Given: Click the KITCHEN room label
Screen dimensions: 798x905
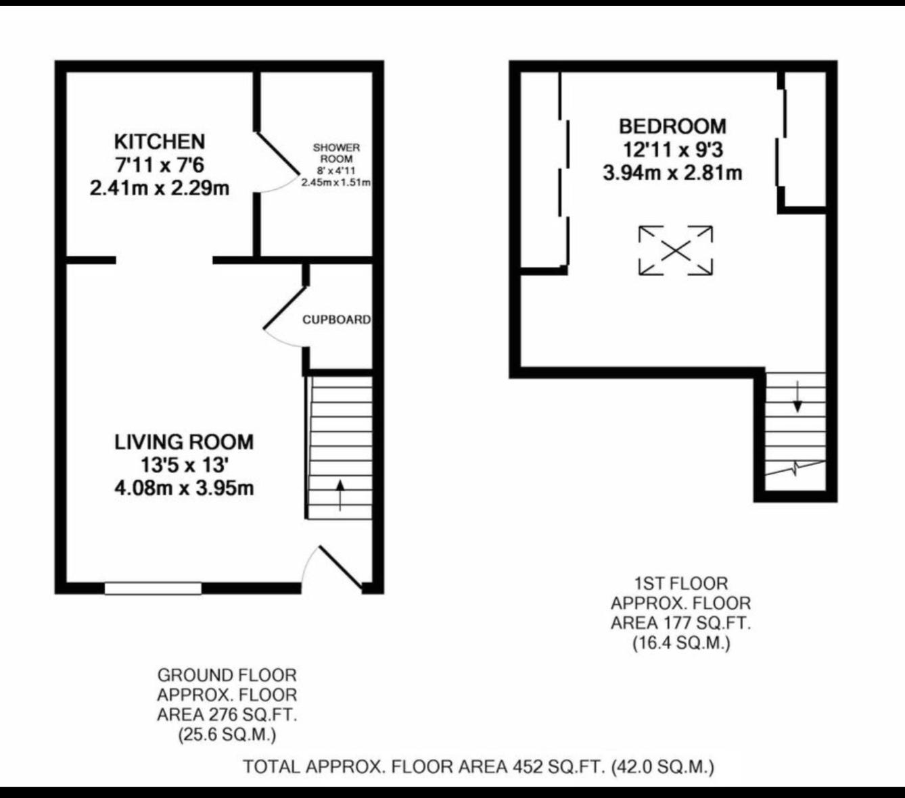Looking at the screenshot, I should (x=159, y=141).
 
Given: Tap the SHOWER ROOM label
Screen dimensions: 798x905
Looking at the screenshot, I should (x=336, y=153).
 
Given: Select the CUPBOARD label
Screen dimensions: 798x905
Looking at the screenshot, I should (x=336, y=320).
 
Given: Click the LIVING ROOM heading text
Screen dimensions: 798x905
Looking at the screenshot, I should (x=184, y=442).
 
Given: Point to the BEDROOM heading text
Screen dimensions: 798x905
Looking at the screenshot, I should (x=672, y=126).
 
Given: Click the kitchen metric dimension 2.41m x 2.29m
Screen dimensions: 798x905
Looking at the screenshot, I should (x=160, y=188).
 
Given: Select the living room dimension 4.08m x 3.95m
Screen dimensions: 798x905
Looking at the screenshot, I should (x=184, y=488).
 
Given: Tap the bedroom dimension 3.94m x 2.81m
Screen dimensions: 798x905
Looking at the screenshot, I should (x=672, y=173).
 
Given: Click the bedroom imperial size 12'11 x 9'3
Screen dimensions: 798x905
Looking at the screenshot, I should (x=672, y=149).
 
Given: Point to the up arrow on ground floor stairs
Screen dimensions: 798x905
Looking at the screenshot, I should (x=340, y=494).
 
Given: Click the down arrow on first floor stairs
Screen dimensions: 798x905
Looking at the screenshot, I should (x=797, y=397).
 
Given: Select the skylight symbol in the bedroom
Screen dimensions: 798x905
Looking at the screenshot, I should (x=676, y=251).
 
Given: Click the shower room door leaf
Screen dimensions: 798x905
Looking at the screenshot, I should (x=278, y=153).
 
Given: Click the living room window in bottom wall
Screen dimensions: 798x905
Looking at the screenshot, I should (x=153, y=588).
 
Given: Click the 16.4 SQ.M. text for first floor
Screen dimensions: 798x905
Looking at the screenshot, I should (x=681, y=643).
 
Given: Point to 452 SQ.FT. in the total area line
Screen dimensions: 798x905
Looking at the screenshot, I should (x=557, y=767).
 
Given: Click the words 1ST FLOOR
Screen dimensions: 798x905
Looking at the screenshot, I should (x=681, y=583).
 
